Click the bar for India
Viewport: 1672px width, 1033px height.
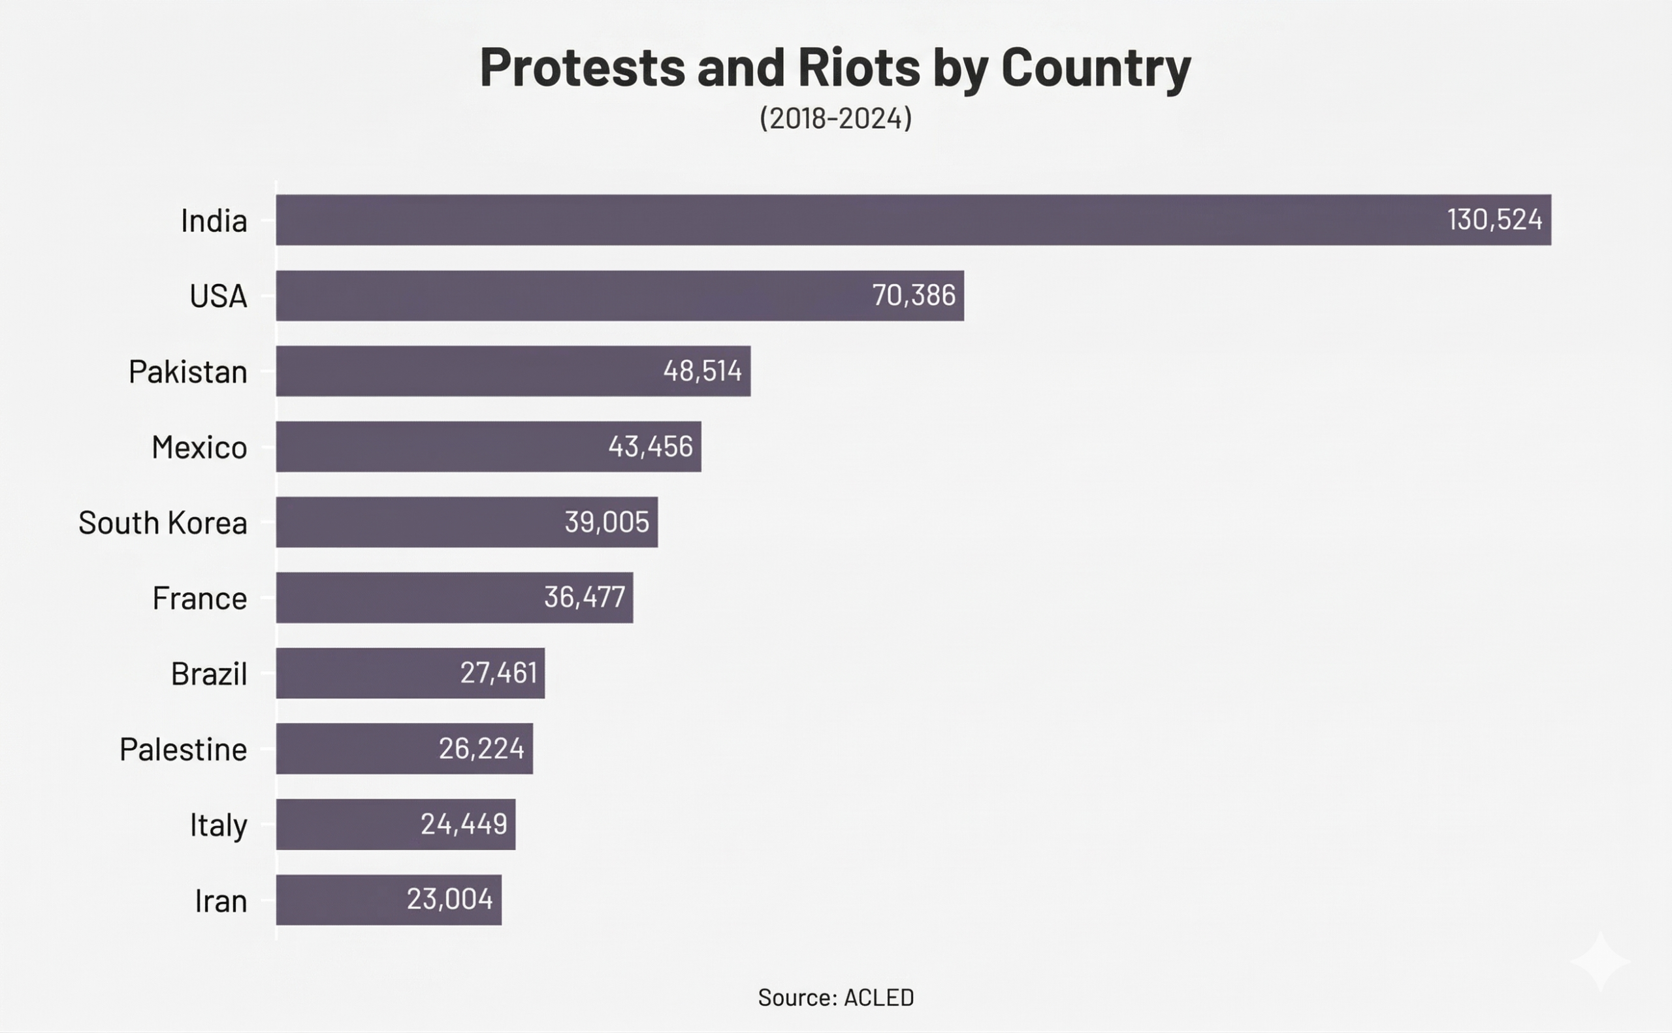(913, 220)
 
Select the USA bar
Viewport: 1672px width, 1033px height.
(620, 296)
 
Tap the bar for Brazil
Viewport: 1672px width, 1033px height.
(410, 673)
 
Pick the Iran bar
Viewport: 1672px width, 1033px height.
(388, 900)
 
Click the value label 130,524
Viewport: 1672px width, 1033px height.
(1494, 220)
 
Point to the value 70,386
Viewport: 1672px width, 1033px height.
(913, 296)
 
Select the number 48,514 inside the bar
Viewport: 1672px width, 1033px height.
(701, 371)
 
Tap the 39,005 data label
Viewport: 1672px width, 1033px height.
(606, 522)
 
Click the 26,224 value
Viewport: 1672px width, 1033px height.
(481, 749)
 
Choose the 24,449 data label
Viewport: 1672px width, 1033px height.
(463, 825)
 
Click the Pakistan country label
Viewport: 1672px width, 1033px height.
(188, 372)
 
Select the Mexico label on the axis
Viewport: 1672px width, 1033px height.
(199, 447)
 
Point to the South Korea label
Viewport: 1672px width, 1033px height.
(163, 523)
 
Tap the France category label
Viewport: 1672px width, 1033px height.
(199, 599)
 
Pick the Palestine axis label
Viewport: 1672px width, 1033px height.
(183, 750)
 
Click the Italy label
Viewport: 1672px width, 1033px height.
(218, 825)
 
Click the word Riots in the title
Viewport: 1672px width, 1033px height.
(858, 68)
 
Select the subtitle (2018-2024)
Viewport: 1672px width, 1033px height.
(835, 118)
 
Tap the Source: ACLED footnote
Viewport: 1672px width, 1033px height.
(835, 998)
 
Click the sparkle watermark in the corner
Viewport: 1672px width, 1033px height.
(1600, 961)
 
